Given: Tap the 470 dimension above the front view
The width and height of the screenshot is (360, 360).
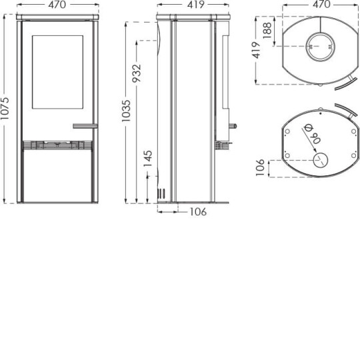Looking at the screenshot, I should (57, 6).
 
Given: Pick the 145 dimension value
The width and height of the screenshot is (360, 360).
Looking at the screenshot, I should (148, 158).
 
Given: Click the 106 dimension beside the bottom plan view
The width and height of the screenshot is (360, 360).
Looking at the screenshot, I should (261, 167).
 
